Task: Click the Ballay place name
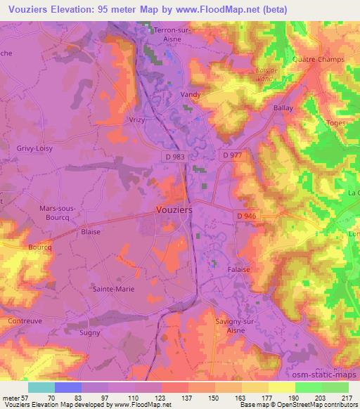coord(282,109)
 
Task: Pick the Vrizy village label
coord(137,120)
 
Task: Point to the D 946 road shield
coord(247,215)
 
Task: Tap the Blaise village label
coord(91,231)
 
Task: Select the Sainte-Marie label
coord(113,288)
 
